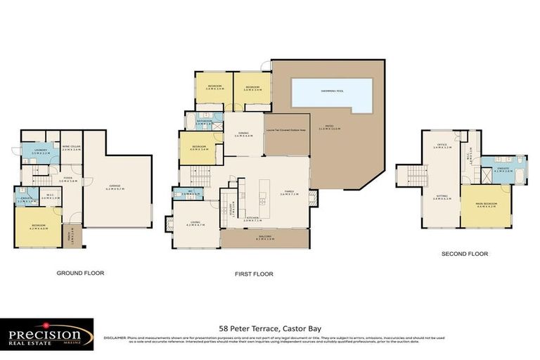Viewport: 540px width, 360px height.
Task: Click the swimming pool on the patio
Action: (332, 95)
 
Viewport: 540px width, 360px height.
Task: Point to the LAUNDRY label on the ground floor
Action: (38, 151)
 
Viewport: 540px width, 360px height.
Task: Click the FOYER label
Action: (68, 178)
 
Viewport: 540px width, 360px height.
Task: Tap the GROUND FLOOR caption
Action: (80, 273)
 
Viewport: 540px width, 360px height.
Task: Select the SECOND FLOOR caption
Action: (464, 254)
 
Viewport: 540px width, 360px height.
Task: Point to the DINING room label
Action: (242, 134)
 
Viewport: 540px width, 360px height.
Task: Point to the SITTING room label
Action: (440, 198)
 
